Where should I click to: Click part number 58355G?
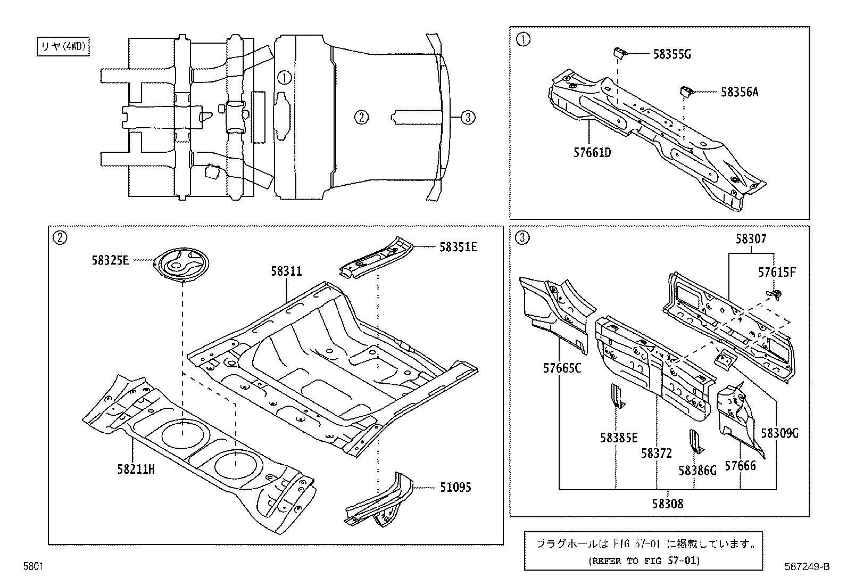(x=672, y=54)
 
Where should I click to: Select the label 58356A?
(x=740, y=92)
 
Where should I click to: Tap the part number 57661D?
(x=592, y=153)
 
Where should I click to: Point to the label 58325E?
(x=110, y=260)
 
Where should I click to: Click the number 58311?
(x=286, y=271)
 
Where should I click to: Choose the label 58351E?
(x=458, y=246)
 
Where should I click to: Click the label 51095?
(x=455, y=487)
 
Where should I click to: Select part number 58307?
(x=751, y=239)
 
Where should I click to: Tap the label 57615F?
(x=777, y=273)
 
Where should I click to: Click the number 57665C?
(x=562, y=368)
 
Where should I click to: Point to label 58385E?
(x=619, y=438)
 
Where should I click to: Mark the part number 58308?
(x=667, y=503)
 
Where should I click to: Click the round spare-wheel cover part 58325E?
(x=181, y=263)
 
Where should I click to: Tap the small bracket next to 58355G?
(x=620, y=52)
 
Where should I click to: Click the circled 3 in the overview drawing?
(x=467, y=118)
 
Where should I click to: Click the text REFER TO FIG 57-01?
(x=644, y=561)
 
